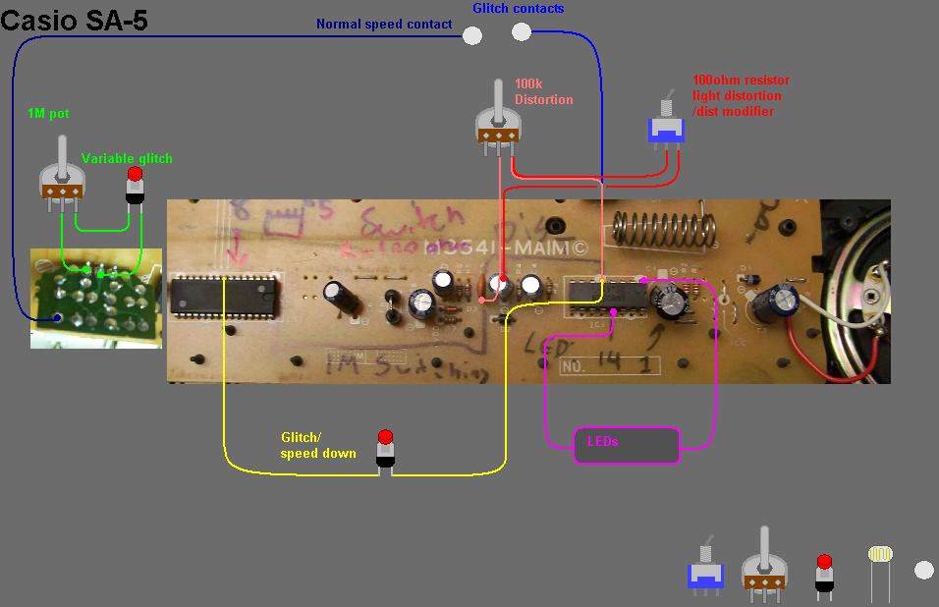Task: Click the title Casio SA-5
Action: point(75,20)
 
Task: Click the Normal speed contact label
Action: point(383,25)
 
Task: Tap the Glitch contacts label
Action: point(518,9)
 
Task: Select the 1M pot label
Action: point(49,114)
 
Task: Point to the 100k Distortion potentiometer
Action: point(498,125)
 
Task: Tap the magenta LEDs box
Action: point(627,444)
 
